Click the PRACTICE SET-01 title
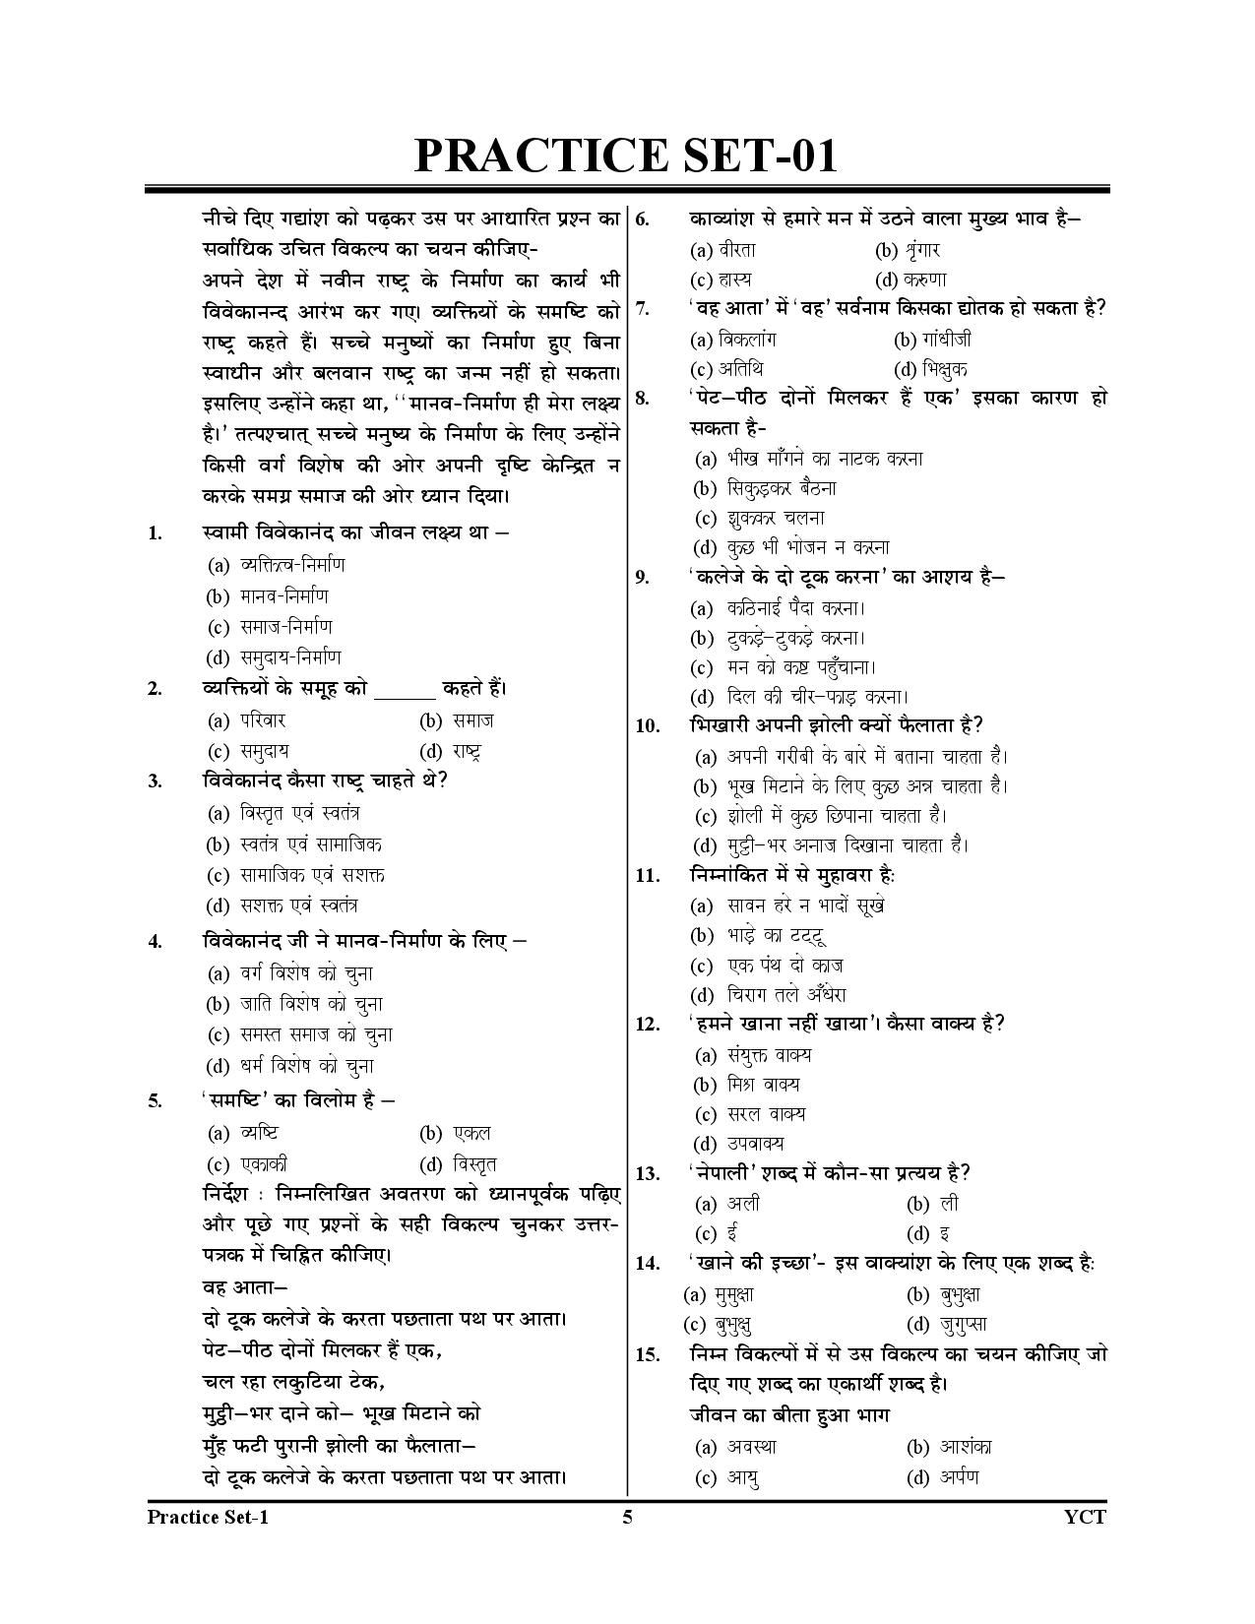click(626, 156)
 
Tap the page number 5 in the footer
click(627, 1517)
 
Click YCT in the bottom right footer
click(1085, 1517)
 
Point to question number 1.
click(155, 534)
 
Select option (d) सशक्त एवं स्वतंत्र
click(282, 906)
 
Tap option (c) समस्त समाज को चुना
click(299, 1034)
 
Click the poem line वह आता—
click(244, 1287)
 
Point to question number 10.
click(647, 726)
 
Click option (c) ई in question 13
click(717, 1233)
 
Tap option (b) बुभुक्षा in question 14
click(943, 1294)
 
